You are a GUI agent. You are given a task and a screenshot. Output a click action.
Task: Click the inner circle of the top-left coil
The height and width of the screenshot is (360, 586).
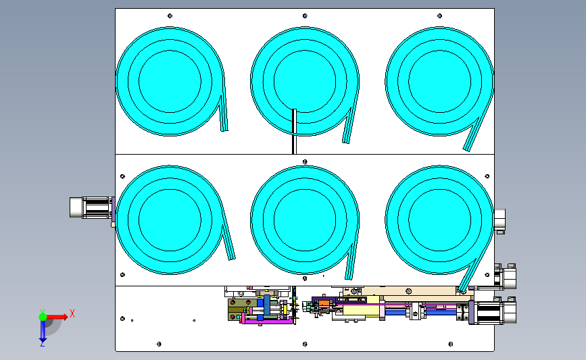point(170,82)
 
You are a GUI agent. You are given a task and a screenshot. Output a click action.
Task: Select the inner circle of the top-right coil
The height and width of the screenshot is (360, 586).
point(439,82)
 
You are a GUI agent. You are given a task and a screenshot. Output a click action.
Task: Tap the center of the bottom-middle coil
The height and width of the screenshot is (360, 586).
point(305,220)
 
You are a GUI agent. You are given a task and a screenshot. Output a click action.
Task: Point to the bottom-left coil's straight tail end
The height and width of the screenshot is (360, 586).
point(232,257)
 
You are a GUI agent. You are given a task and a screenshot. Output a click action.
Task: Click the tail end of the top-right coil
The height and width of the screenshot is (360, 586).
point(467,149)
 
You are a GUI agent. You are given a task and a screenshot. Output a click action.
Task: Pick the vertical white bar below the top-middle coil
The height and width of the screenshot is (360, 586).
point(294,132)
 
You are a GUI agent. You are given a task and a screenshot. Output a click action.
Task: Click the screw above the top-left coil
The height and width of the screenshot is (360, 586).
point(170,16)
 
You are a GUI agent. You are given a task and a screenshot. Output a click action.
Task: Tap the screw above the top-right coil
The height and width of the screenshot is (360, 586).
point(439,16)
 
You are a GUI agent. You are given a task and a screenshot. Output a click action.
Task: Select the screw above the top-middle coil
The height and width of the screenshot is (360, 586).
point(305,16)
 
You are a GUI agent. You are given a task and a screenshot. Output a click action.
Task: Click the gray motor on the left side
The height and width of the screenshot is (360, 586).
point(91,207)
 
